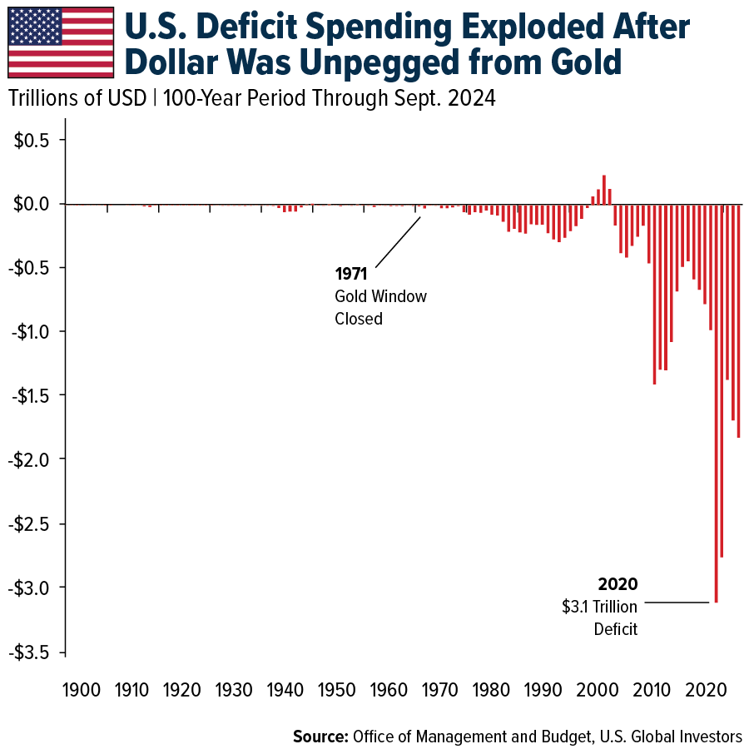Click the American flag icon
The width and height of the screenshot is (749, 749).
61,42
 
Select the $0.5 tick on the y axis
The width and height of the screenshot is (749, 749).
33,140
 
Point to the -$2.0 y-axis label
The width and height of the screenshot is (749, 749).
31,459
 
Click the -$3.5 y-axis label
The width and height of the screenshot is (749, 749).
31,652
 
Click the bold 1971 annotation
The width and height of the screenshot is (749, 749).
351,274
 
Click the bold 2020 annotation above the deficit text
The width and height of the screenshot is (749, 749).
618,584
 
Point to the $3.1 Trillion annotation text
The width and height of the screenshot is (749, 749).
599,608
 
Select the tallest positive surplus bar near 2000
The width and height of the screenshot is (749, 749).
604,190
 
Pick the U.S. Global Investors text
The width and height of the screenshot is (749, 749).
680,736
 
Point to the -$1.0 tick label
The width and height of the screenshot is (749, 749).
31,331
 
